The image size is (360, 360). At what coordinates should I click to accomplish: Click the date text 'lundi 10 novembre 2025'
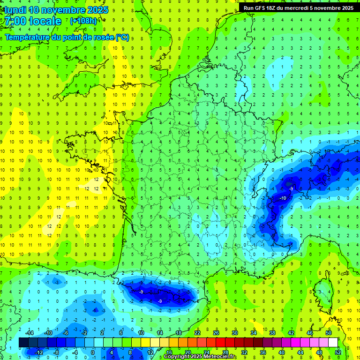pos(56,9)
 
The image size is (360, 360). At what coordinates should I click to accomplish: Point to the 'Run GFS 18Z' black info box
pos(298,7)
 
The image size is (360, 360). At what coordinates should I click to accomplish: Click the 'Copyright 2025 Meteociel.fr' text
pos(200,357)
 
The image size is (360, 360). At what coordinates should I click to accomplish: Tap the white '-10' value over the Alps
pos(283,198)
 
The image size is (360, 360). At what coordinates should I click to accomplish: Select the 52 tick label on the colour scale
pos(337,352)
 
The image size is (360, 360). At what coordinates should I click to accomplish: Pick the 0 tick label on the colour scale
pos(93,352)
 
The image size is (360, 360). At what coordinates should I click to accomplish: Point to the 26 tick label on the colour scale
pos(216,333)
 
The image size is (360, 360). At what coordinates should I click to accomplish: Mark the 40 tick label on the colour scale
pos(281,352)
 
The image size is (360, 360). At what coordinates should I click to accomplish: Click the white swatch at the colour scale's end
pos(333,343)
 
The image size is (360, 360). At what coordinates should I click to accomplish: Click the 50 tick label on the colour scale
pos(328,333)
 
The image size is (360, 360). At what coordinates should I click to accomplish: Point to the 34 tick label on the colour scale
pos(253,333)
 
